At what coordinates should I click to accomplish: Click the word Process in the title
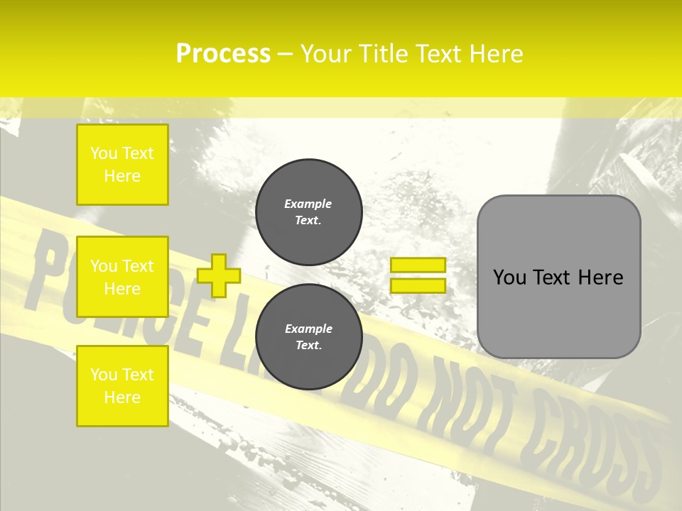coord(223,54)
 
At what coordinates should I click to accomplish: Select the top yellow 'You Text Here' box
coord(122,165)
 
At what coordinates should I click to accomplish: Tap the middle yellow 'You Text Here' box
coord(122,277)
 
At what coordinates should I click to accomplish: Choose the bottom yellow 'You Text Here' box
coord(122,386)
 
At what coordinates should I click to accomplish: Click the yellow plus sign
coord(219,275)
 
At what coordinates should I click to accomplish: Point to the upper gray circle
coord(309,212)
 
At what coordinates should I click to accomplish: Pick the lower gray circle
coord(309,337)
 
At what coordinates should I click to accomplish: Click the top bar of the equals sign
coord(418,265)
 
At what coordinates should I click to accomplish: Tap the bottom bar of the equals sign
coord(418,286)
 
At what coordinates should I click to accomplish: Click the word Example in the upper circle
coord(308,204)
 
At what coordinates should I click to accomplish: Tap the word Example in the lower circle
coord(308,329)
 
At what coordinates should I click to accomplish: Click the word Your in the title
coord(325,54)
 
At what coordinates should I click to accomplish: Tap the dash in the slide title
coord(285,54)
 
